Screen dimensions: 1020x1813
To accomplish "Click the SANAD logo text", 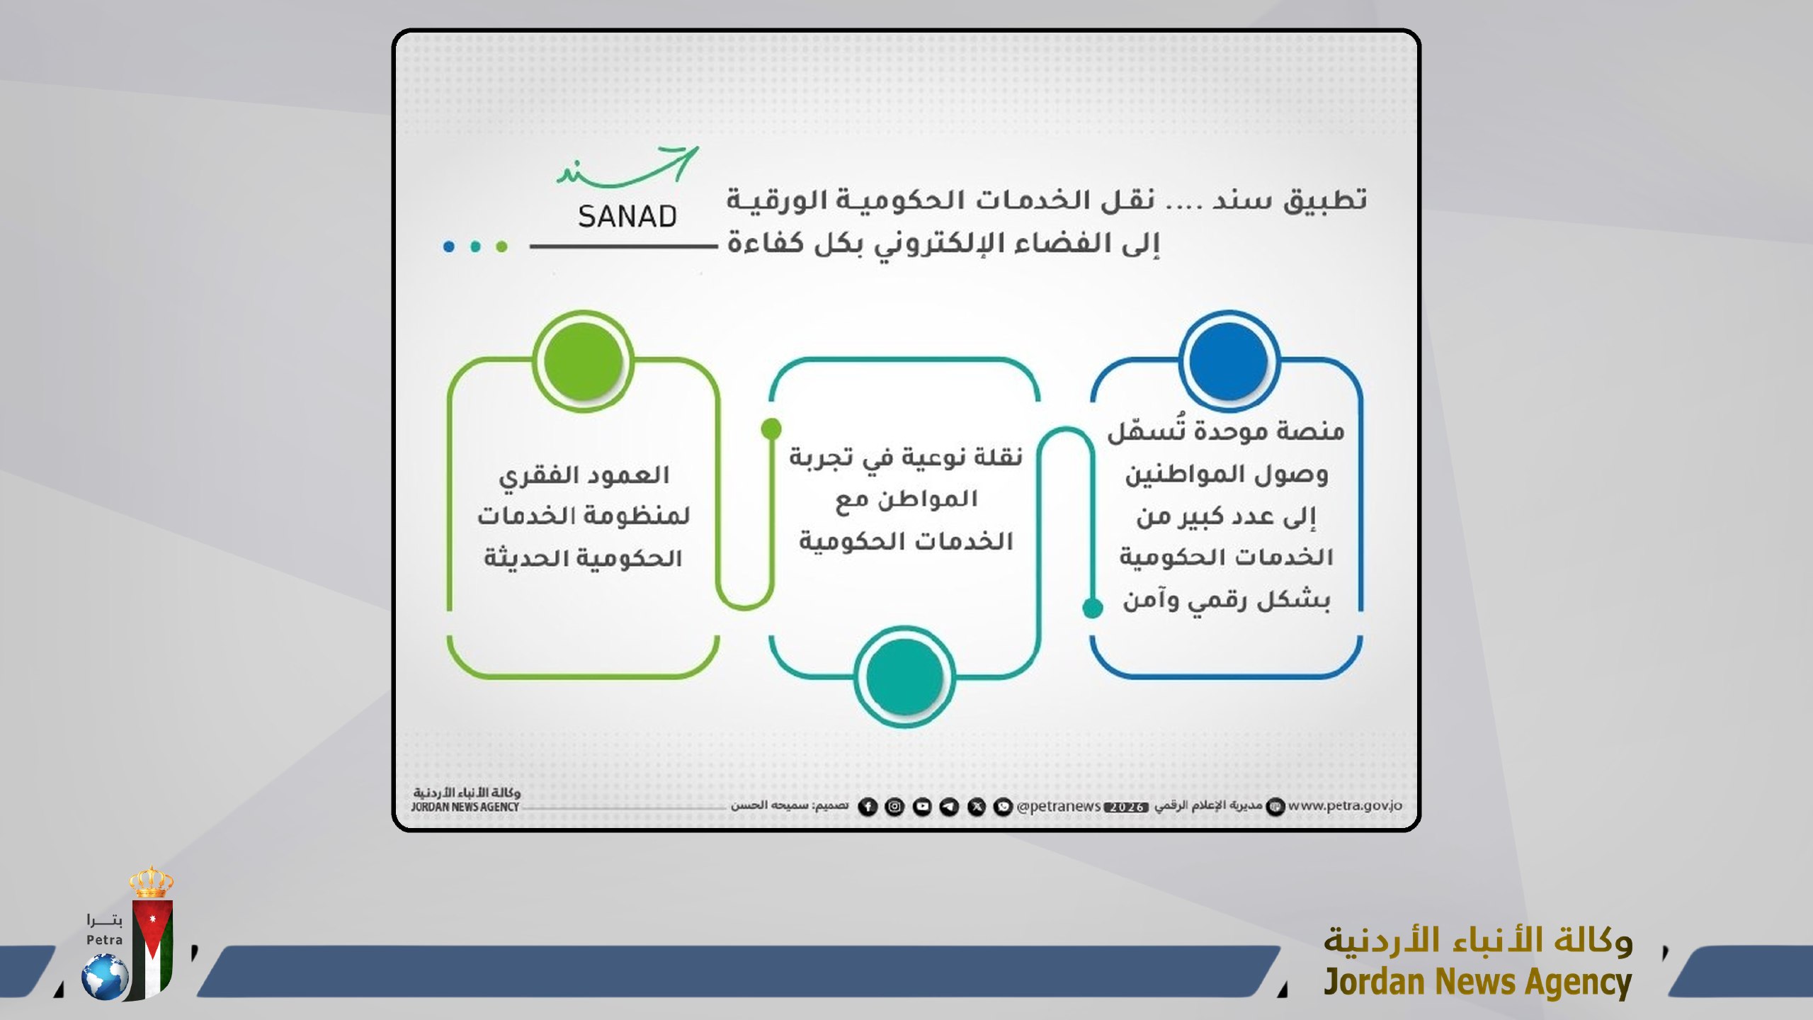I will (627, 217).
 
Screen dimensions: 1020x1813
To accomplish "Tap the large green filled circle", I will (582, 361).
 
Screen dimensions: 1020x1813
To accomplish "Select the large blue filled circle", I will (1229, 361).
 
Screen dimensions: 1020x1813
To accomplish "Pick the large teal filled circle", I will (904, 676).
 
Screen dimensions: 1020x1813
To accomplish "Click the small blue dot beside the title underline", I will (448, 246).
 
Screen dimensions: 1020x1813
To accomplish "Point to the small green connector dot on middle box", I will (771, 429).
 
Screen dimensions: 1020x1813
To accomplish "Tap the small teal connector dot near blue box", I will (1093, 608).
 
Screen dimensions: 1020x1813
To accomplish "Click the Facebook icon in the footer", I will (868, 807).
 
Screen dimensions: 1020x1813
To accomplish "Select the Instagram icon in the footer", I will (894, 807).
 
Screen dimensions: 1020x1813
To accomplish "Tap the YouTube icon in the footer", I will (922, 807).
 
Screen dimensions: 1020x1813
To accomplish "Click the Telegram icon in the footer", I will (949, 807).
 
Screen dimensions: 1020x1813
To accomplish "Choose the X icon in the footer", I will (977, 807).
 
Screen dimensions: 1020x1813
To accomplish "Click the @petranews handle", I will (1058, 807).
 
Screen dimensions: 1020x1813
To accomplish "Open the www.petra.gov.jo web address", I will (1344, 805).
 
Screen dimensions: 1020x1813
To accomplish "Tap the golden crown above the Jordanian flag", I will (151, 883).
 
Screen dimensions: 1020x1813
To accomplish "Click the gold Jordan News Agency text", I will (1477, 982).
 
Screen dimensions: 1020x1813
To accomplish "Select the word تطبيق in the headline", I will (1325, 201).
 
